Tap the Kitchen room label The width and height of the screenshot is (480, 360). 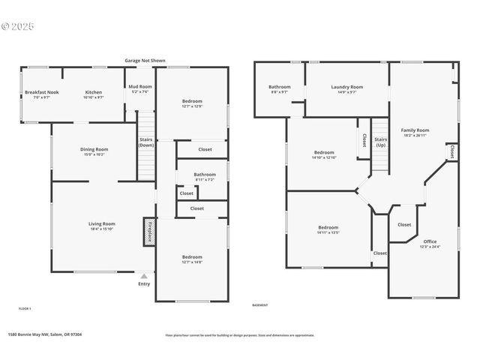click(x=93, y=94)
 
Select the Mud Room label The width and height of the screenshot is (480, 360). click(x=140, y=89)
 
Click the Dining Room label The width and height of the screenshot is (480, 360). click(x=94, y=151)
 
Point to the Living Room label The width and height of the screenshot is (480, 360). click(x=102, y=225)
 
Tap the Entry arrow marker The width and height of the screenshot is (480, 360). click(x=144, y=276)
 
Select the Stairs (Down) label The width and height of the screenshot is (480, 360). click(x=146, y=141)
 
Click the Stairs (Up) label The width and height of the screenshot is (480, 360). click(x=381, y=142)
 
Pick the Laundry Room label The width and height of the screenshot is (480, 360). click(x=346, y=89)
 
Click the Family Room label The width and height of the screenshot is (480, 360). click(x=415, y=132)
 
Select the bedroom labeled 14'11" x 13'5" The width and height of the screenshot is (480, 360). click(x=328, y=229)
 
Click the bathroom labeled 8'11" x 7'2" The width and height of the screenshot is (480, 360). click(x=194, y=177)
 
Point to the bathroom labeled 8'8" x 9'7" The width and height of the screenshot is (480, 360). click(x=280, y=89)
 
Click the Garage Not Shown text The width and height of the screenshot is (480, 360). click(x=145, y=60)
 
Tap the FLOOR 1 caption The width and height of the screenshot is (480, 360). click(x=25, y=308)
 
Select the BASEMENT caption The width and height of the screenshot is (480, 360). click(x=259, y=305)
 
